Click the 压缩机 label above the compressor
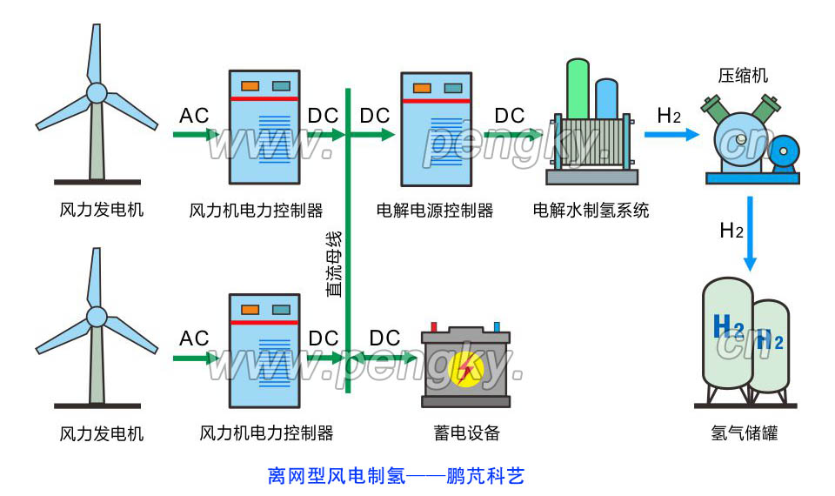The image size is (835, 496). pyautogui.click(x=743, y=76)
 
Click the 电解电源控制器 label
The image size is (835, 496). pyautogui.click(x=435, y=211)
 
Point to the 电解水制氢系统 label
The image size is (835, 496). pyautogui.click(x=591, y=211)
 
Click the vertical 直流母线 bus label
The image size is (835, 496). pyautogui.click(x=334, y=265)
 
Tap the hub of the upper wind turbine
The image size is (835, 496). pyautogui.click(x=97, y=92)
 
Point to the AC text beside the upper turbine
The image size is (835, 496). pyautogui.click(x=194, y=116)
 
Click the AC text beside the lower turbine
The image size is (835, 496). pyautogui.click(x=194, y=338)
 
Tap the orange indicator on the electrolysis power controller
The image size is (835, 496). pyautogui.click(x=422, y=88)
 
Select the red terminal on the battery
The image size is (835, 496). pyautogui.click(x=434, y=327)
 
